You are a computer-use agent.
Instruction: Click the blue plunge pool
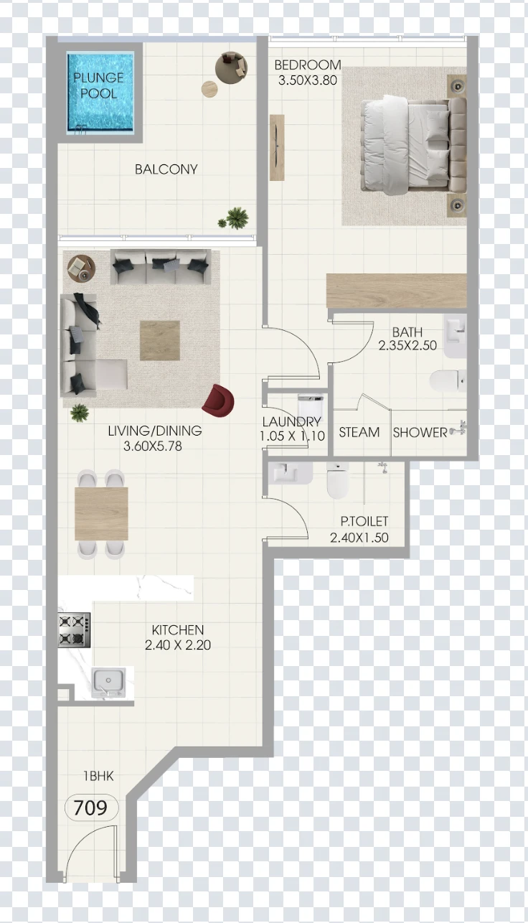pos(100,92)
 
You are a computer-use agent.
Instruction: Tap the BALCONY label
pos(166,169)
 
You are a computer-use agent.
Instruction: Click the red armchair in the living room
pos(218,400)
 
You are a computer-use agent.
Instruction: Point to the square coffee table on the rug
pos(160,340)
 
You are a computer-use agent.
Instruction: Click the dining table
pos(101,513)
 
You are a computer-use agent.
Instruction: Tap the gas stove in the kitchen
pos(74,629)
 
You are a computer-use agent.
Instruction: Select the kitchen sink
pos(109,683)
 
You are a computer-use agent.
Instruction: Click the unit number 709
pos(90,807)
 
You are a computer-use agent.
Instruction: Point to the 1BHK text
pos(98,776)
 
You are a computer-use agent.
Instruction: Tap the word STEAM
pos(359,432)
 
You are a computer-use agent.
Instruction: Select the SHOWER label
pos(420,433)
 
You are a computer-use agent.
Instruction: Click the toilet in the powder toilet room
pos(338,480)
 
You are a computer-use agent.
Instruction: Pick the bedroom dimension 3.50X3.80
pos(308,80)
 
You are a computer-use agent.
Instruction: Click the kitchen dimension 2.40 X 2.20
pos(177,645)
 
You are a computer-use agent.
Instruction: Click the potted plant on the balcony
pos(235,218)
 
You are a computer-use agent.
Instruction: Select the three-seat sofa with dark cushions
pos(161,266)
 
